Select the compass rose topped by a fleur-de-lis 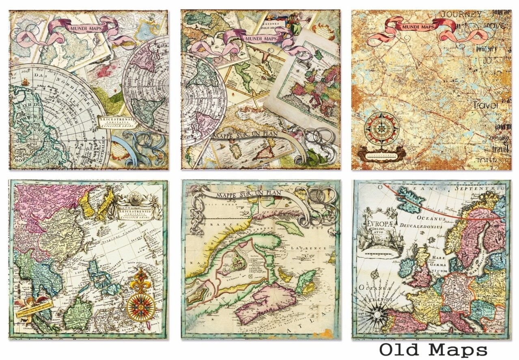(x=141, y=299)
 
